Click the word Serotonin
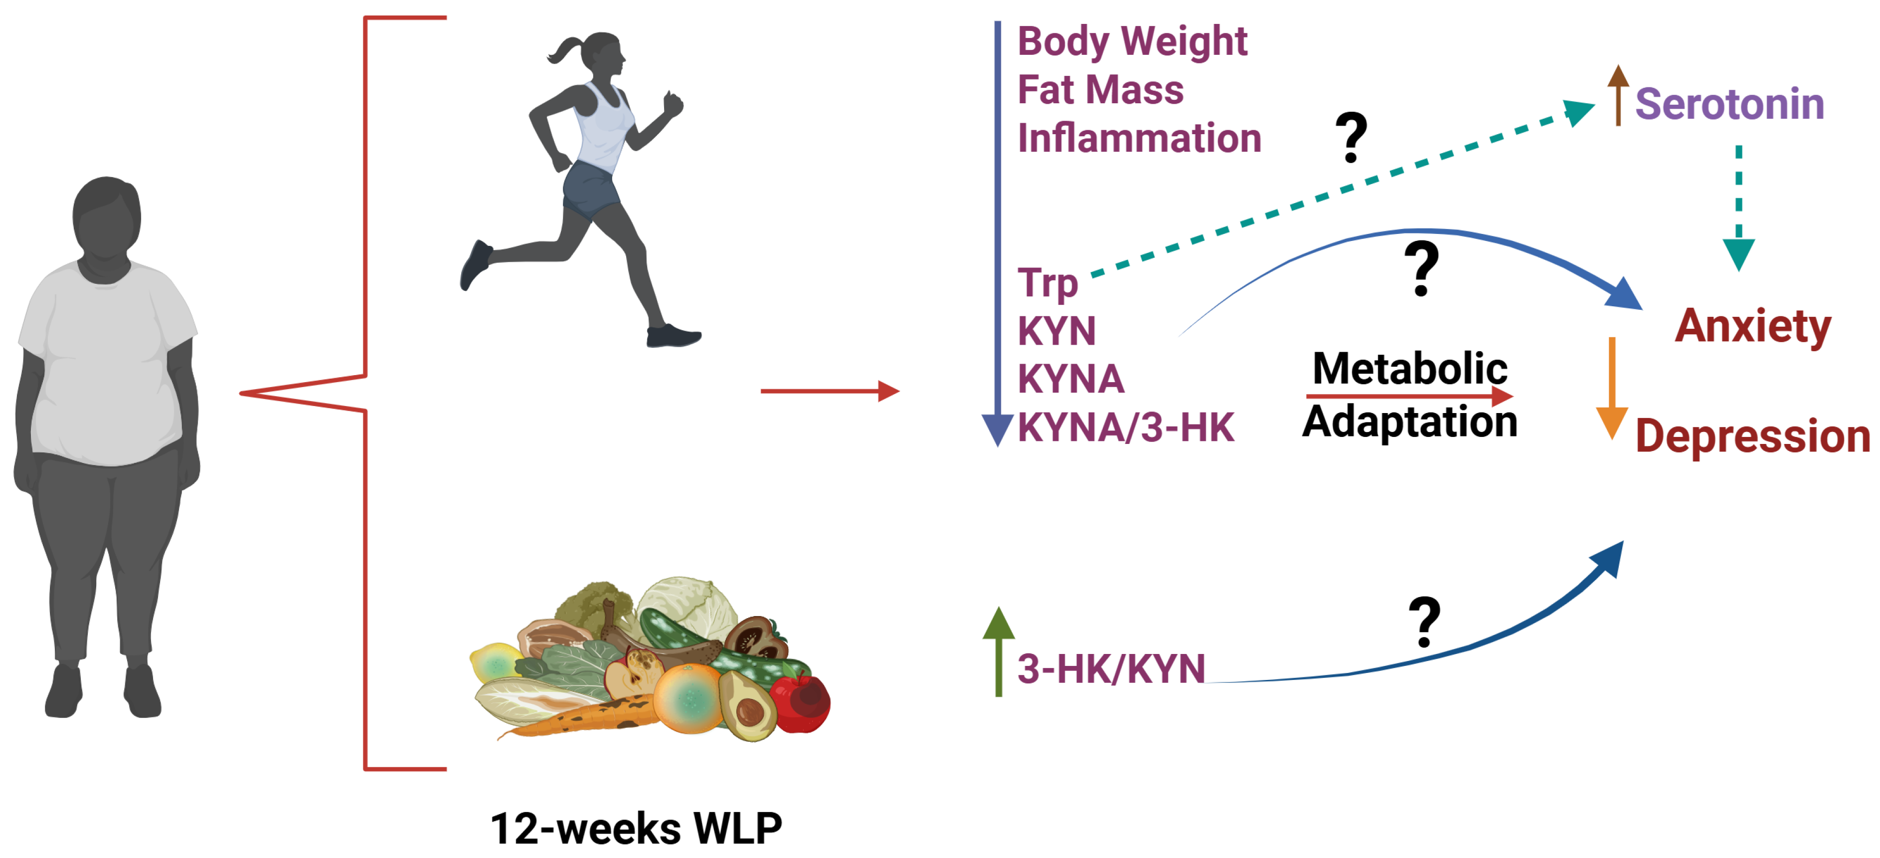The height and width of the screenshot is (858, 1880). click(x=1729, y=104)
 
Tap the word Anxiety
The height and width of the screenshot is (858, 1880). click(x=1752, y=326)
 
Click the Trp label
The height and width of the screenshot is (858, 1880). click(x=1047, y=283)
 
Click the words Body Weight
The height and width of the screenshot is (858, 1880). click(x=1132, y=41)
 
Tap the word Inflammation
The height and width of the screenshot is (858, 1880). click(x=1139, y=138)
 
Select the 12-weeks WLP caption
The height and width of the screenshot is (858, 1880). click(x=636, y=829)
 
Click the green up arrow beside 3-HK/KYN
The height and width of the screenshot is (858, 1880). click(x=999, y=650)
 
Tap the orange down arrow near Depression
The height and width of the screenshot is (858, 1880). click(x=1611, y=387)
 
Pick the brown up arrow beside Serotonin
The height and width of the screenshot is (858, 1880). click(x=1618, y=95)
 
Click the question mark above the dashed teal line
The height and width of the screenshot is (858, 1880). click(x=1351, y=137)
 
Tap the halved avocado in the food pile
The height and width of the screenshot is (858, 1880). click(x=747, y=705)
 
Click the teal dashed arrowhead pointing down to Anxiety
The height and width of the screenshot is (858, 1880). click(x=1738, y=254)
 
